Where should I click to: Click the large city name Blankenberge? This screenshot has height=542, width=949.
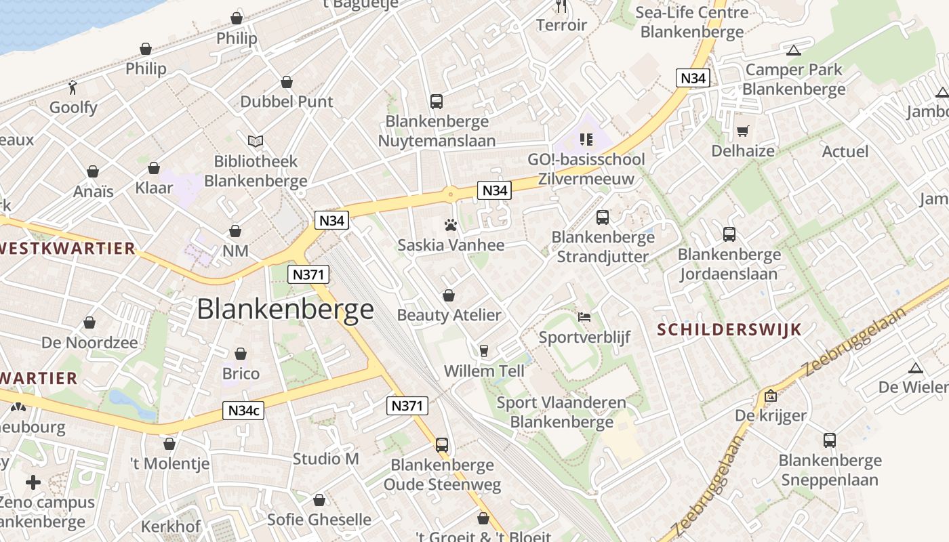click(x=285, y=310)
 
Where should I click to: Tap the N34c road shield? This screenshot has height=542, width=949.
click(x=243, y=411)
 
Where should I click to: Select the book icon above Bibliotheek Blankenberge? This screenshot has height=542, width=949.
click(x=256, y=141)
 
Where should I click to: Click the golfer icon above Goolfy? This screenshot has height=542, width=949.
click(x=73, y=87)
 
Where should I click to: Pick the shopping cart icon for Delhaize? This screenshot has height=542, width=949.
click(x=743, y=131)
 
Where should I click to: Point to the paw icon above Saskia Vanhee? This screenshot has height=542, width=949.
click(x=451, y=225)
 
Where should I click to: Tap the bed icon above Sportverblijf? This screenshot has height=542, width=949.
click(x=584, y=317)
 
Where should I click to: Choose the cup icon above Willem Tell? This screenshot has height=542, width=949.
click(x=484, y=350)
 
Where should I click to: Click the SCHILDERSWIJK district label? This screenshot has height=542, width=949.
click(x=729, y=330)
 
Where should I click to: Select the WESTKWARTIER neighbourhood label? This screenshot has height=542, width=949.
click(x=68, y=248)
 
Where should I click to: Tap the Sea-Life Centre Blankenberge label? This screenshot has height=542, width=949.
click(x=692, y=22)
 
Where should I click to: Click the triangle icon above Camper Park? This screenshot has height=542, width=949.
click(x=794, y=49)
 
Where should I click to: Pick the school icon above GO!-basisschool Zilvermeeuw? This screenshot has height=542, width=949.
click(x=586, y=140)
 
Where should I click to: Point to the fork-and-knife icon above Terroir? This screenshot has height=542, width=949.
click(x=561, y=6)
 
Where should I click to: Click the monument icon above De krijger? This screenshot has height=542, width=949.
click(x=771, y=396)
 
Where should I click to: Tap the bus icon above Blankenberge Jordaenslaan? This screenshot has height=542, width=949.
click(x=729, y=234)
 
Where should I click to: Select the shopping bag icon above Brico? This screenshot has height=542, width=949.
click(x=241, y=354)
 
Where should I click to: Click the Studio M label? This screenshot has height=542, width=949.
click(x=326, y=459)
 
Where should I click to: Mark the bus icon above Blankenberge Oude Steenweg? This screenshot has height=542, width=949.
click(x=442, y=445)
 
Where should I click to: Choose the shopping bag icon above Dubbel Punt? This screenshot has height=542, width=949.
click(x=287, y=82)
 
